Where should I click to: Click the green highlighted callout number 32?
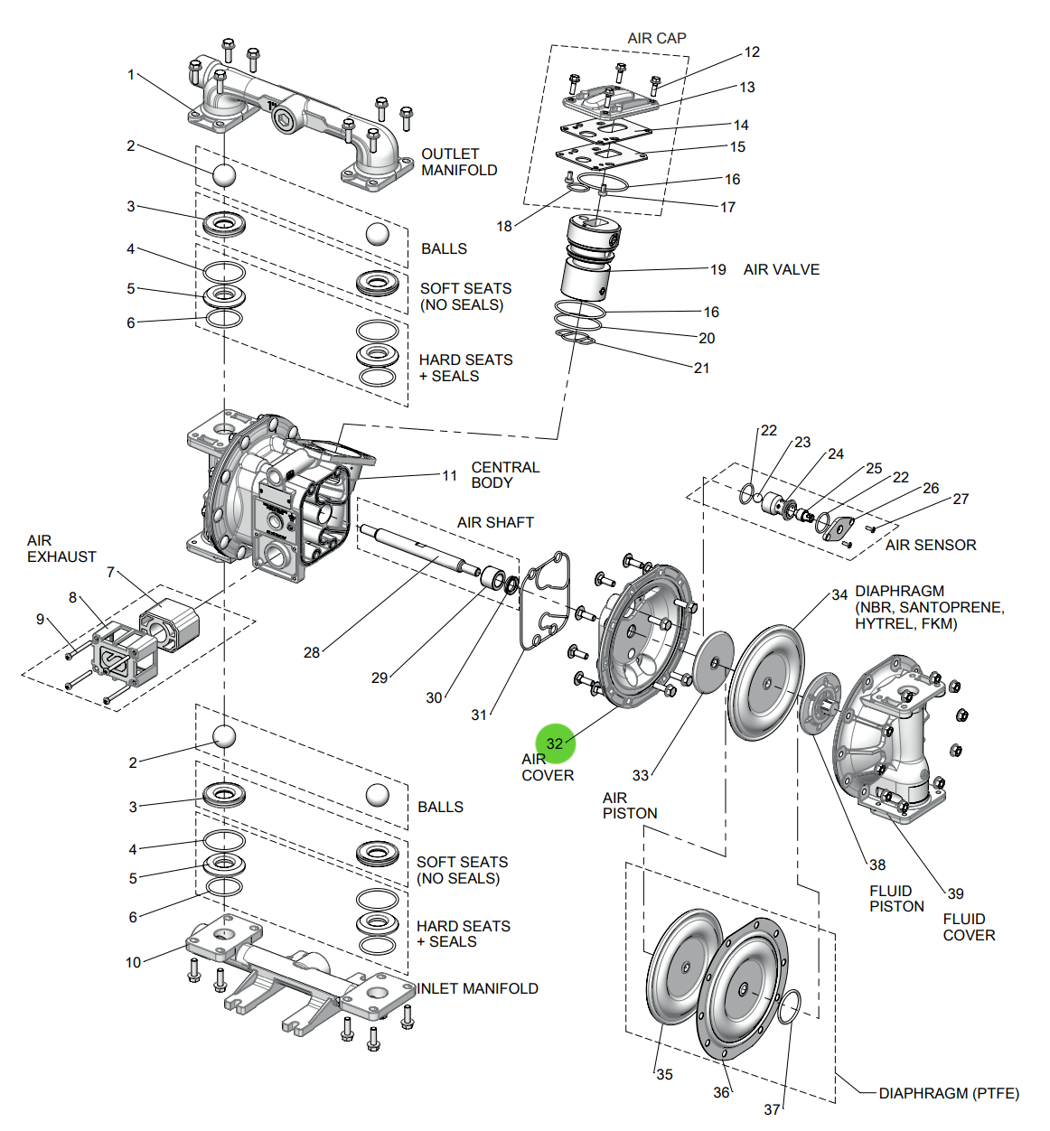[x=555, y=743]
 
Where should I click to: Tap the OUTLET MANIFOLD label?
[x=459, y=162]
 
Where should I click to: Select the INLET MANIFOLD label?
[x=477, y=988]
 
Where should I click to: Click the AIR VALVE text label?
[x=781, y=269]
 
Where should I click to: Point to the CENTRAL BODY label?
[x=505, y=474]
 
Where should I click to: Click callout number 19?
[x=717, y=269]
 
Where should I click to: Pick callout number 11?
[x=449, y=475]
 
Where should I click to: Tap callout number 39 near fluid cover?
[x=955, y=893]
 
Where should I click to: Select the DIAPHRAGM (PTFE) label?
[x=949, y=1093]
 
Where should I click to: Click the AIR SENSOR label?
[x=931, y=545]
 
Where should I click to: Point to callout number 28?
[x=312, y=652]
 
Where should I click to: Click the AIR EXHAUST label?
[x=61, y=548]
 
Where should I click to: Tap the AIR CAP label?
[x=657, y=38]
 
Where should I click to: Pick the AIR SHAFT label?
[x=495, y=522]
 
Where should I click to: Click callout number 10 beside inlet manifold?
[x=134, y=962]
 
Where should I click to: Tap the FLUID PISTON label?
[x=896, y=898]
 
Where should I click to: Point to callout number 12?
[x=752, y=52]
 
